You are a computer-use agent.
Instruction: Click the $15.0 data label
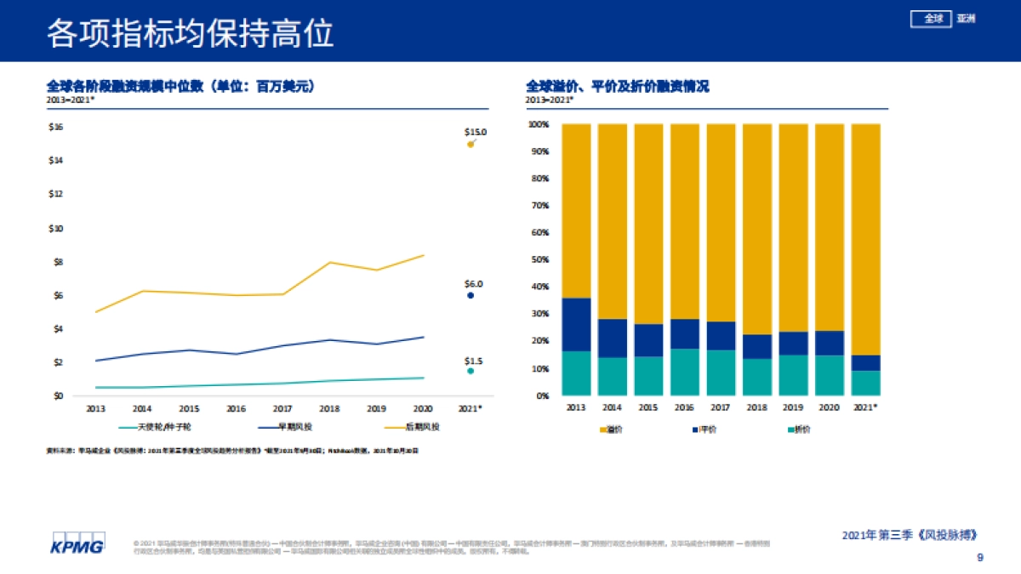475,132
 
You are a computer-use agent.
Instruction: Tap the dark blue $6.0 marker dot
471,296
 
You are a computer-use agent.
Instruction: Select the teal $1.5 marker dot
471,371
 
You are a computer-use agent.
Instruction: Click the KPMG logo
77,544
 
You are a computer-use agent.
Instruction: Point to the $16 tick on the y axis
56,127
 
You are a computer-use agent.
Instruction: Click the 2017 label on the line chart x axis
282,408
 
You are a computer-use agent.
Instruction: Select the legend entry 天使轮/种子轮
152,426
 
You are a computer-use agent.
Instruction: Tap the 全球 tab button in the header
933,19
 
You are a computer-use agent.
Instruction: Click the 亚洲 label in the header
966,19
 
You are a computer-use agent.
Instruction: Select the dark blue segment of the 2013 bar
576,324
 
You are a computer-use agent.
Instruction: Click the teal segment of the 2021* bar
865,383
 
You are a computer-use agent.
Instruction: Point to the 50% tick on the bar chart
539,259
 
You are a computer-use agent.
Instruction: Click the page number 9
979,558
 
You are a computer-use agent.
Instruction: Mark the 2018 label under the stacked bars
757,407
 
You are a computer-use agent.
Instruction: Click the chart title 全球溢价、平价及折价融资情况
618,87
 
